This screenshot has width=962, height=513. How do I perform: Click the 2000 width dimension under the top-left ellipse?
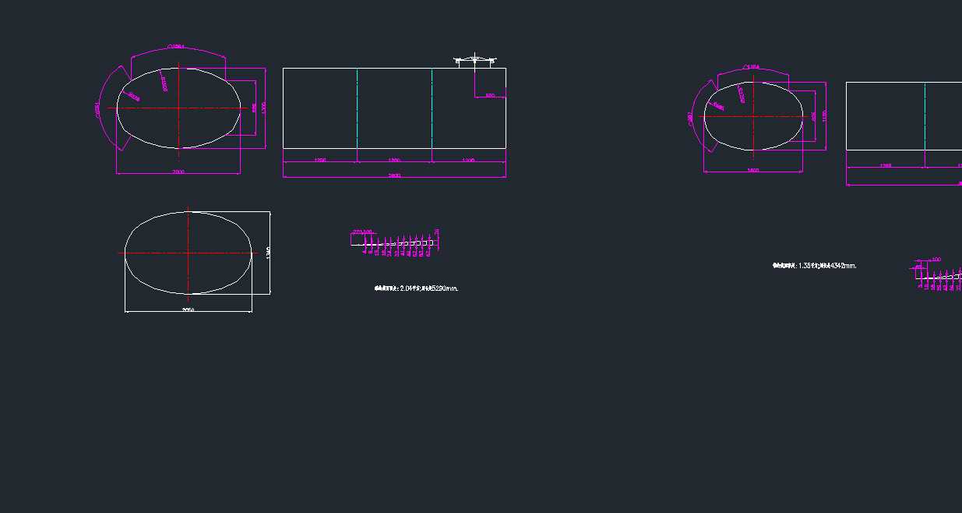(178, 171)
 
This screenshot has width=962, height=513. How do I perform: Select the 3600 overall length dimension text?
(394, 175)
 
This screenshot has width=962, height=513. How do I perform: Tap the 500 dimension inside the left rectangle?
(490, 95)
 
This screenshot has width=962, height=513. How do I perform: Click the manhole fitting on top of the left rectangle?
(475, 59)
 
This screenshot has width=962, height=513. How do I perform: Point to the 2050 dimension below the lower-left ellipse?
(188, 310)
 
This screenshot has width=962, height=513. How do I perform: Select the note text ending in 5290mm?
(417, 288)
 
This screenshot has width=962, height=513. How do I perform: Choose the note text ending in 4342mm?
(815, 266)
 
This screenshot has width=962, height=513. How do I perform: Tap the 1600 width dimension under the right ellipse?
(752, 170)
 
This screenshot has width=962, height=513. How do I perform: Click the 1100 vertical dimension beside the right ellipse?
(824, 115)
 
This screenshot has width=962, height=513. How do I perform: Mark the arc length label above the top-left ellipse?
(176, 47)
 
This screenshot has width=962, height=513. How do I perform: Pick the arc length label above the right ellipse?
(752, 67)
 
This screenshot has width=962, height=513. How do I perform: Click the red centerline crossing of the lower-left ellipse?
(188, 253)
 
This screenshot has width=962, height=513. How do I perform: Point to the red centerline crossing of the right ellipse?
(753, 116)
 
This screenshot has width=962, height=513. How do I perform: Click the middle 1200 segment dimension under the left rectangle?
(394, 160)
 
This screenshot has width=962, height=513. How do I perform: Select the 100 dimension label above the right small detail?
(936, 259)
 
